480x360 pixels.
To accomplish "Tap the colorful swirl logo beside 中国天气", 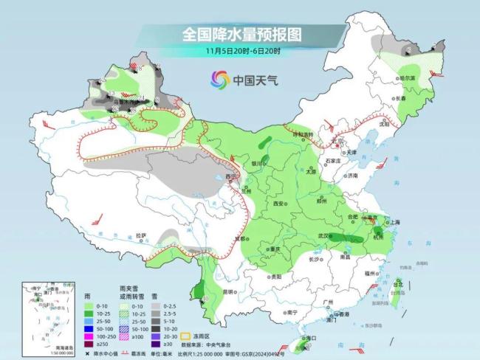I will point(219,79).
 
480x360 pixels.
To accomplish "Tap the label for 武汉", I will point(321,235).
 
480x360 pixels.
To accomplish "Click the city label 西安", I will point(278,203).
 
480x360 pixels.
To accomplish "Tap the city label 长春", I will point(420,97).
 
